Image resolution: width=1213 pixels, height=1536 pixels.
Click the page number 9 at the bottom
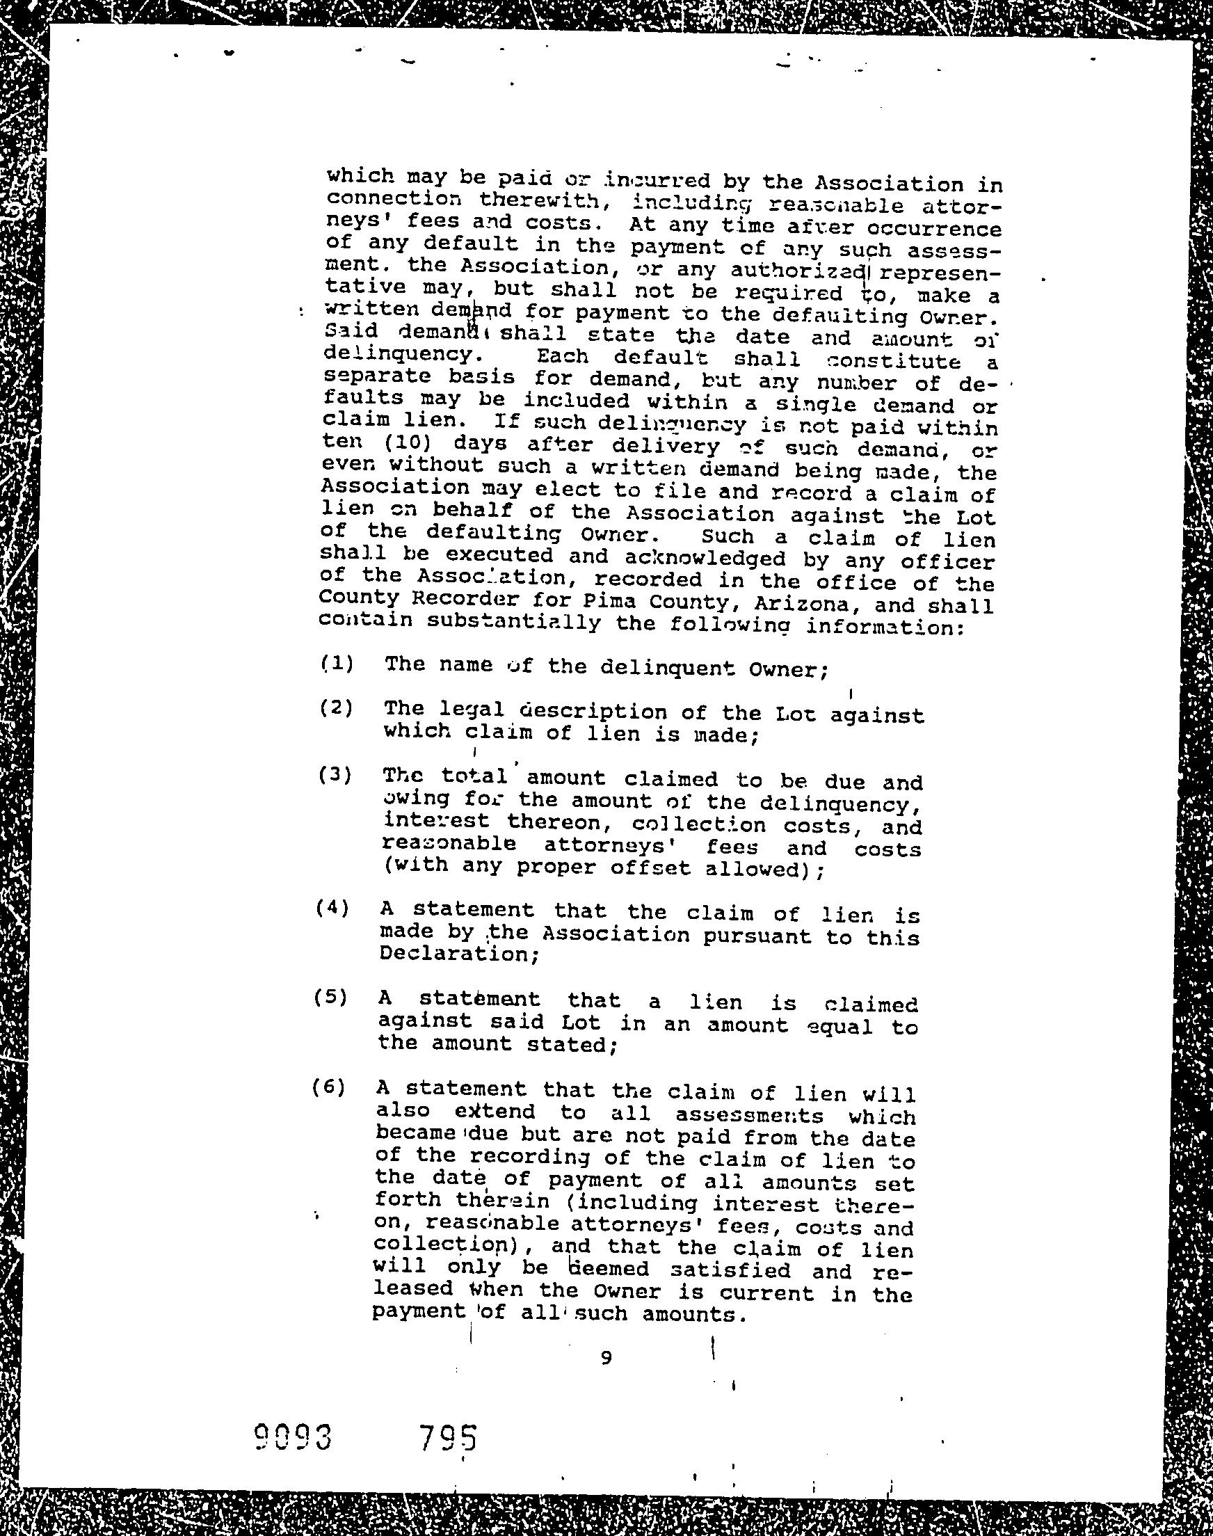[606, 1359]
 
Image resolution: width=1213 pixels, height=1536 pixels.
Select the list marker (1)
[337, 664]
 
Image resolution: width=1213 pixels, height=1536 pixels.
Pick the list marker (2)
[337, 708]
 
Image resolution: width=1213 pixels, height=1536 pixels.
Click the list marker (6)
[329, 1087]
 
